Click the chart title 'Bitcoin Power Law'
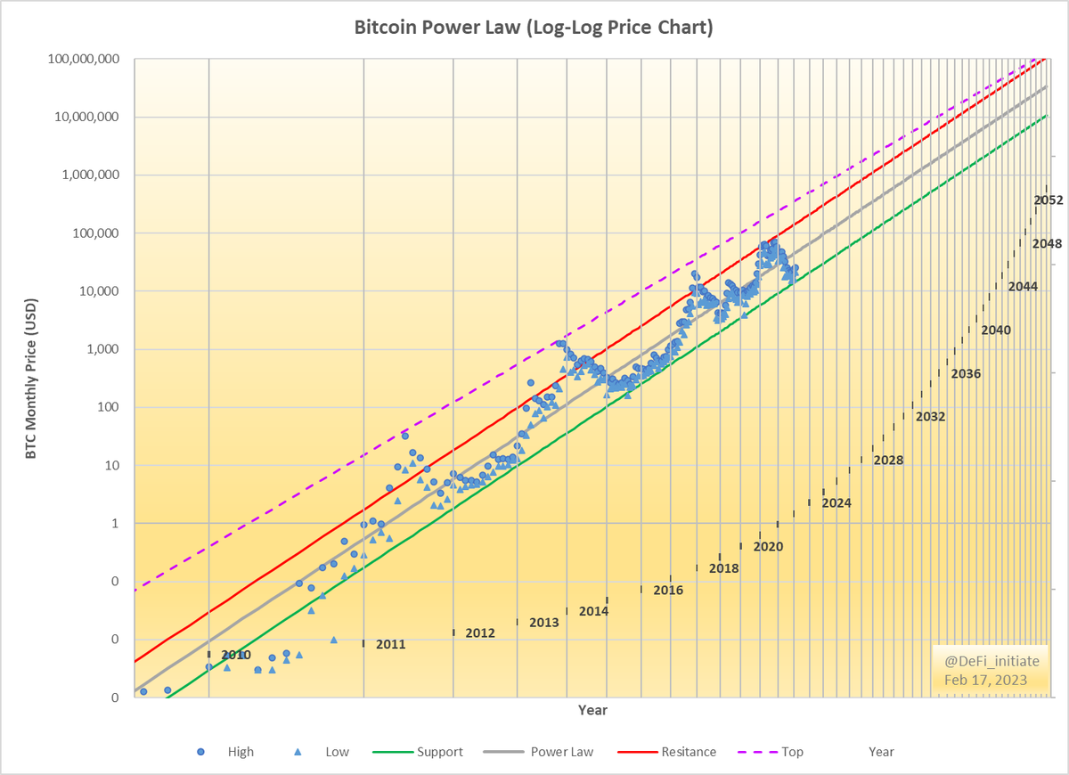(x=534, y=28)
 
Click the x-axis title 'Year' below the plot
(x=592, y=710)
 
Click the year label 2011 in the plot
(x=390, y=644)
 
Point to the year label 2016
(x=668, y=591)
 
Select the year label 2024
(x=836, y=503)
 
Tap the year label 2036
(x=966, y=374)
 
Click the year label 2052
(x=1049, y=200)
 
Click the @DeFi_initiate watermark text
(x=985, y=662)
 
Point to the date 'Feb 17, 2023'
(x=985, y=680)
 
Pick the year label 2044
(x=1023, y=287)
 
